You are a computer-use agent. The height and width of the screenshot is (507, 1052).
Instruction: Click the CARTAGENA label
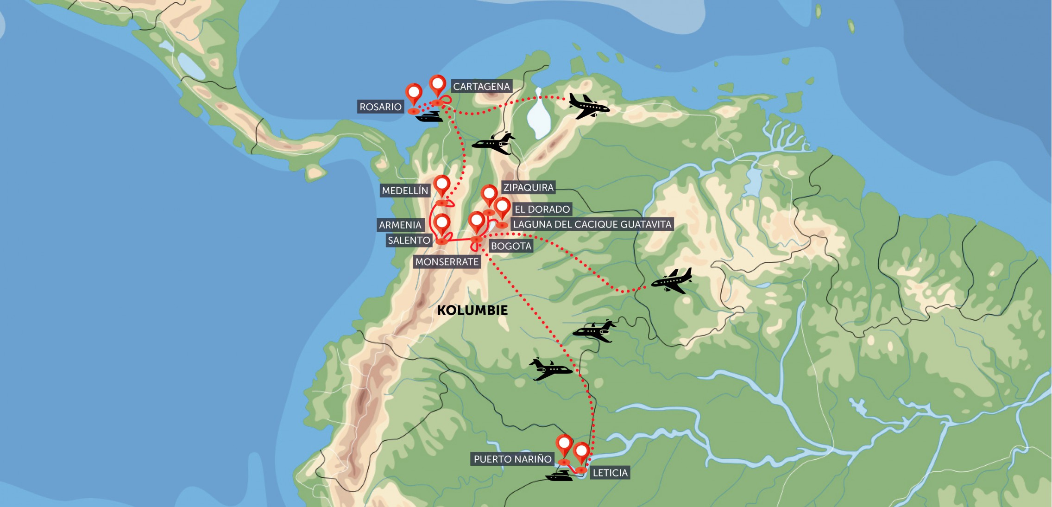click(x=481, y=87)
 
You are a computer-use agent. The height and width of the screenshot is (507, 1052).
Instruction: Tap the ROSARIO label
click(x=380, y=107)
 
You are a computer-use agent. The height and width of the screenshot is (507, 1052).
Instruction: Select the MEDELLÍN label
click(x=405, y=191)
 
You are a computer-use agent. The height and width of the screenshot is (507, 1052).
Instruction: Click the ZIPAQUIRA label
click(x=529, y=188)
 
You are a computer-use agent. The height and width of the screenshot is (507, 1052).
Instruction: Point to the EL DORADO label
click(x=542, y=209)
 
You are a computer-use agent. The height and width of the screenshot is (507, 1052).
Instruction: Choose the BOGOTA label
click(x=511, y=246)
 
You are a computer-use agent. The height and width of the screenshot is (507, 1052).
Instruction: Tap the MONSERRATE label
click(x=447, y=262)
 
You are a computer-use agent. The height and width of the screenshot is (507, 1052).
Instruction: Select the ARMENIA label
click(x=400, y=225)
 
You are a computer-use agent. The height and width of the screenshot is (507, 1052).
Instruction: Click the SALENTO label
click(x=409, y=241)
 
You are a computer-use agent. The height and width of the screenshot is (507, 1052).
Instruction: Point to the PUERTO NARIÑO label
click(x=512, y=459)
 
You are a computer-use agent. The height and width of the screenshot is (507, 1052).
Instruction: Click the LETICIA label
click(x=610, y=473)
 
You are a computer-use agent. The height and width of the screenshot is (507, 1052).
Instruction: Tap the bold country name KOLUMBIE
click(x=472, y=311)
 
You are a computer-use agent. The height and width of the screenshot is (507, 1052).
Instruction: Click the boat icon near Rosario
click(x=429, y=116)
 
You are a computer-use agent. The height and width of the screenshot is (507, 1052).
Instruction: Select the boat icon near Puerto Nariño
click(x=559, y=476)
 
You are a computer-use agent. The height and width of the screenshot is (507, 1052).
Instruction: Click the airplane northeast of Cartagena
click(x=588, y=106)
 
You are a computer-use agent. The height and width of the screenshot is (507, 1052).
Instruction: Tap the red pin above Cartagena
click(x=438, y=85)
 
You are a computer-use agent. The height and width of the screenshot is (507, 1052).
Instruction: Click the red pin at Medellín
click(x=441, y=185)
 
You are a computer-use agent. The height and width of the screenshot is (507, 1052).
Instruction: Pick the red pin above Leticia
click(x=581, y=452)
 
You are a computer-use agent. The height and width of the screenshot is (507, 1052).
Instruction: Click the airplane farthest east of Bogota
click(x=672, y=281)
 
